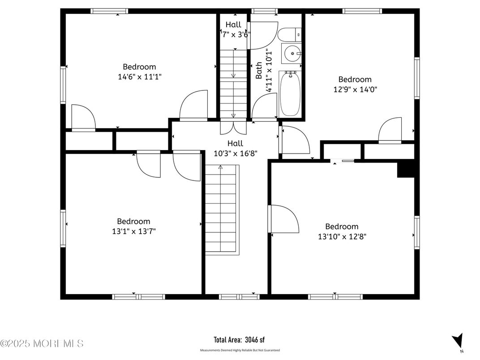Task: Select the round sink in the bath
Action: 292,53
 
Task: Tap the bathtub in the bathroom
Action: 290,94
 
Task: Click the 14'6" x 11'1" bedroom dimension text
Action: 139,77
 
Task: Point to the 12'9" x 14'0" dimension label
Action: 355,89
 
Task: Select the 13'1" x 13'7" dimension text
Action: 133,231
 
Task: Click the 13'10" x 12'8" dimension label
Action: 342,236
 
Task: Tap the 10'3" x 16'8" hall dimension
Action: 235,153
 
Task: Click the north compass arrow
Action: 457,340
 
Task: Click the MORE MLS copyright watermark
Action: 42,344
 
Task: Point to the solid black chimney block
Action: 407,171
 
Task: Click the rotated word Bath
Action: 259,71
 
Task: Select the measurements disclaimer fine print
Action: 240,350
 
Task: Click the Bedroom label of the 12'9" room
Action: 355,79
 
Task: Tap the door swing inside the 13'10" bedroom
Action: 285,219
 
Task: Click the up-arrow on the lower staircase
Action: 220,168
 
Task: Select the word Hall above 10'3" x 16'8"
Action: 235,143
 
